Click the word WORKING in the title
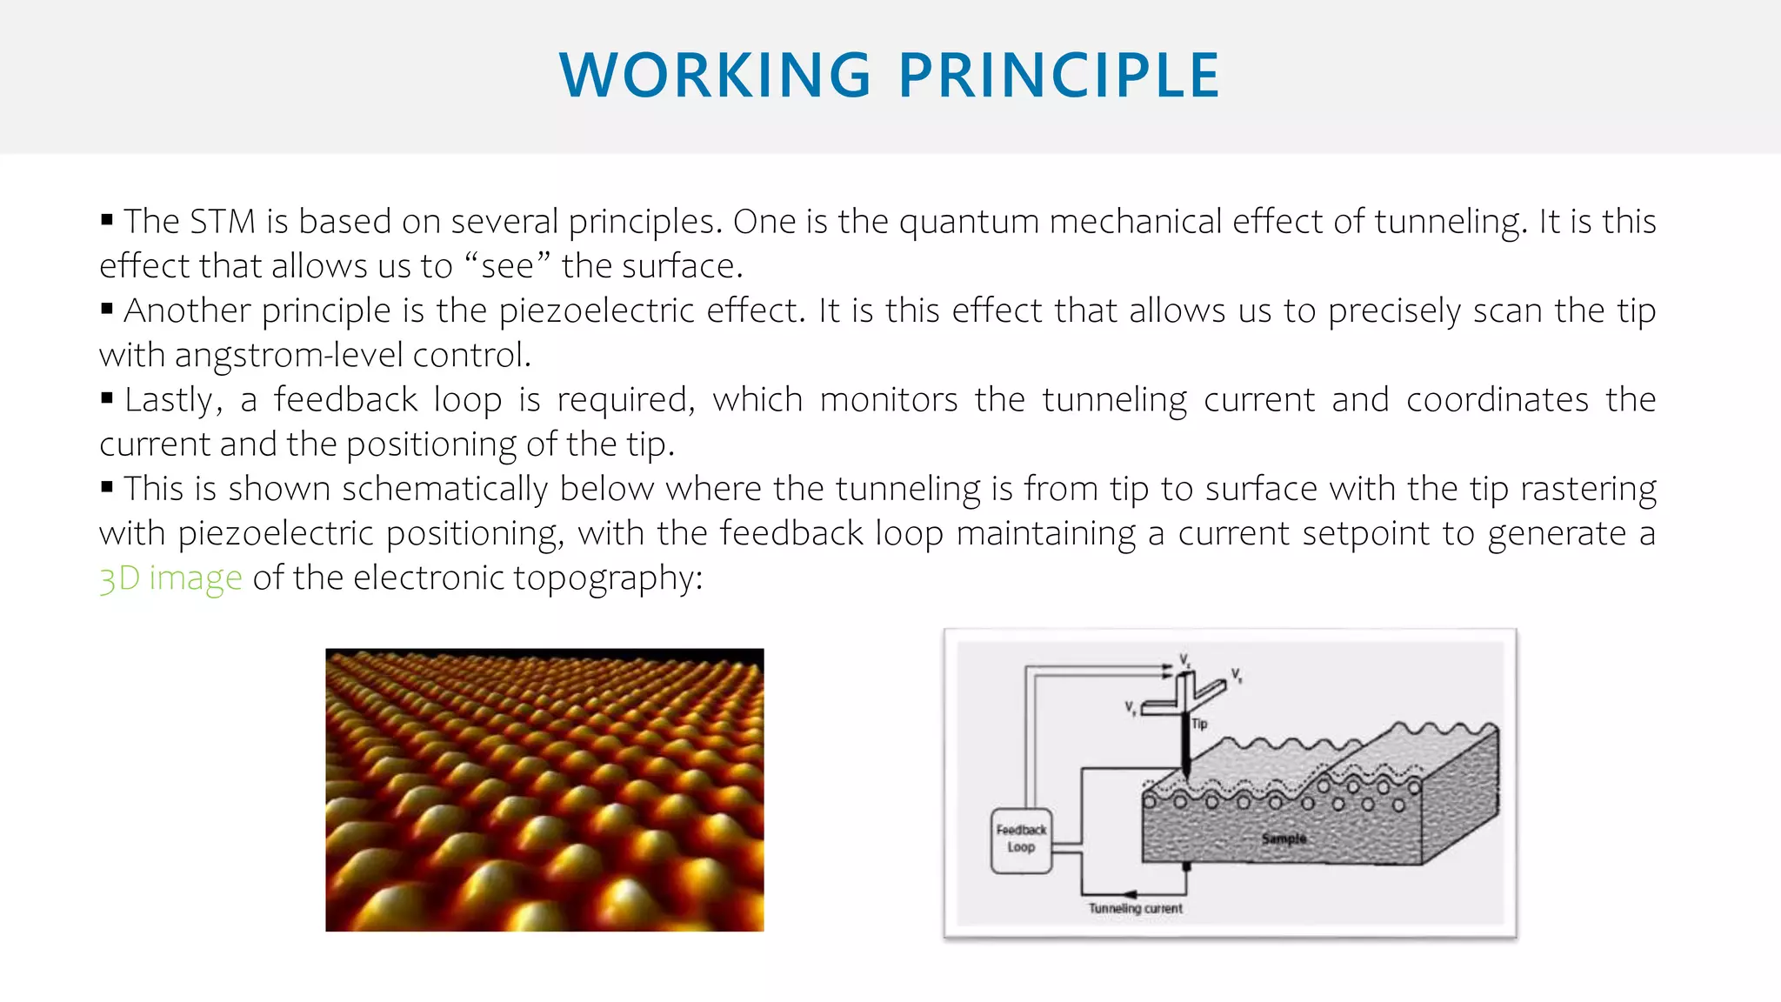tap(715, 76)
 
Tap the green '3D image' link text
tap(170, 578)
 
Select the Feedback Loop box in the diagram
tap(1021, 840)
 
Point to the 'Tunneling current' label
tap(1135, 909)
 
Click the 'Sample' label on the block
tap(1284, 838)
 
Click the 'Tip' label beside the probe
tap(1199, 724)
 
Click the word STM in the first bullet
tap(222, 222)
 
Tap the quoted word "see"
tap(507, 266)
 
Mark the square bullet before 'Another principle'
tap(107, 308)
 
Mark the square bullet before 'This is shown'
tap(107, 486)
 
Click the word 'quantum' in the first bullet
tap(969, 222)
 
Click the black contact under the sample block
tap(1186, 867)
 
